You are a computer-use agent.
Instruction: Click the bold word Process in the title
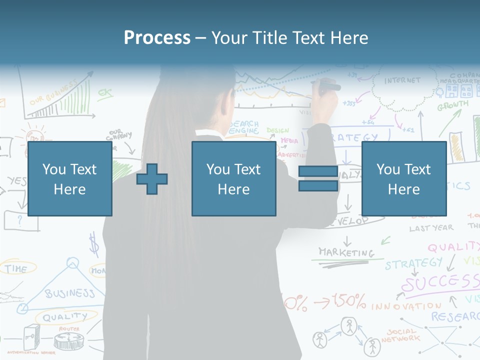157,37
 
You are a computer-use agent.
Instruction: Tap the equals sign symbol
318,178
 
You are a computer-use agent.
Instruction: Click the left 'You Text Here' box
69,178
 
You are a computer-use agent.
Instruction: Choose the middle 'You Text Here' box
233,178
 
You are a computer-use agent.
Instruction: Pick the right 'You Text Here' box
403,178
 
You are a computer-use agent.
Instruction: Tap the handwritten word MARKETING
346,252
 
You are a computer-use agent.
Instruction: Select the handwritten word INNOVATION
406,305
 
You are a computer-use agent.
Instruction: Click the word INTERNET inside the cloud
402,80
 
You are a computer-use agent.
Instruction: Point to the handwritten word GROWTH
452,106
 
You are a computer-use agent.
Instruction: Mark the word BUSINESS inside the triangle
70,293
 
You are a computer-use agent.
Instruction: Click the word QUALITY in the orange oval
64,317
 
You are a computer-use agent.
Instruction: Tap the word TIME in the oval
16,268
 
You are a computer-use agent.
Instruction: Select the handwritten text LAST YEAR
431,228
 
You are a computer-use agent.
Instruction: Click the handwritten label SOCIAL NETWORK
400,335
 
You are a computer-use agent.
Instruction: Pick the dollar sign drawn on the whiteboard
93,245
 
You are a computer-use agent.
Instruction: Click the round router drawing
68,341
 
